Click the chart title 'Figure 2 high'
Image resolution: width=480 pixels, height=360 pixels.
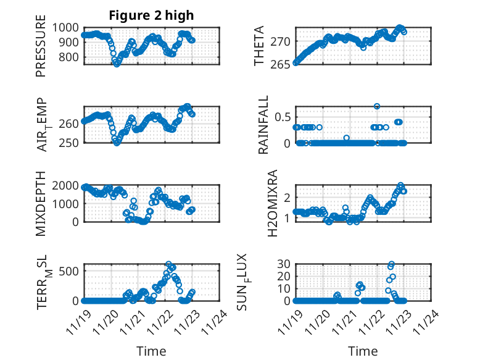click(x=151, y=15)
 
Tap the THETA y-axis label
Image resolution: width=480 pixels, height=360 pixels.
click(x=260, y=46)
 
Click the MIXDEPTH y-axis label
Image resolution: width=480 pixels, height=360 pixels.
click(x=41, y=203)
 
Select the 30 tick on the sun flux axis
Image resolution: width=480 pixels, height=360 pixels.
click(x=283, y=264)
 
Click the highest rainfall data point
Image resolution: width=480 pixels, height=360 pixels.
click(x=377, y=106)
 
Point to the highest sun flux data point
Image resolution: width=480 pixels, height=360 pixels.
click(x=391, y=264)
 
